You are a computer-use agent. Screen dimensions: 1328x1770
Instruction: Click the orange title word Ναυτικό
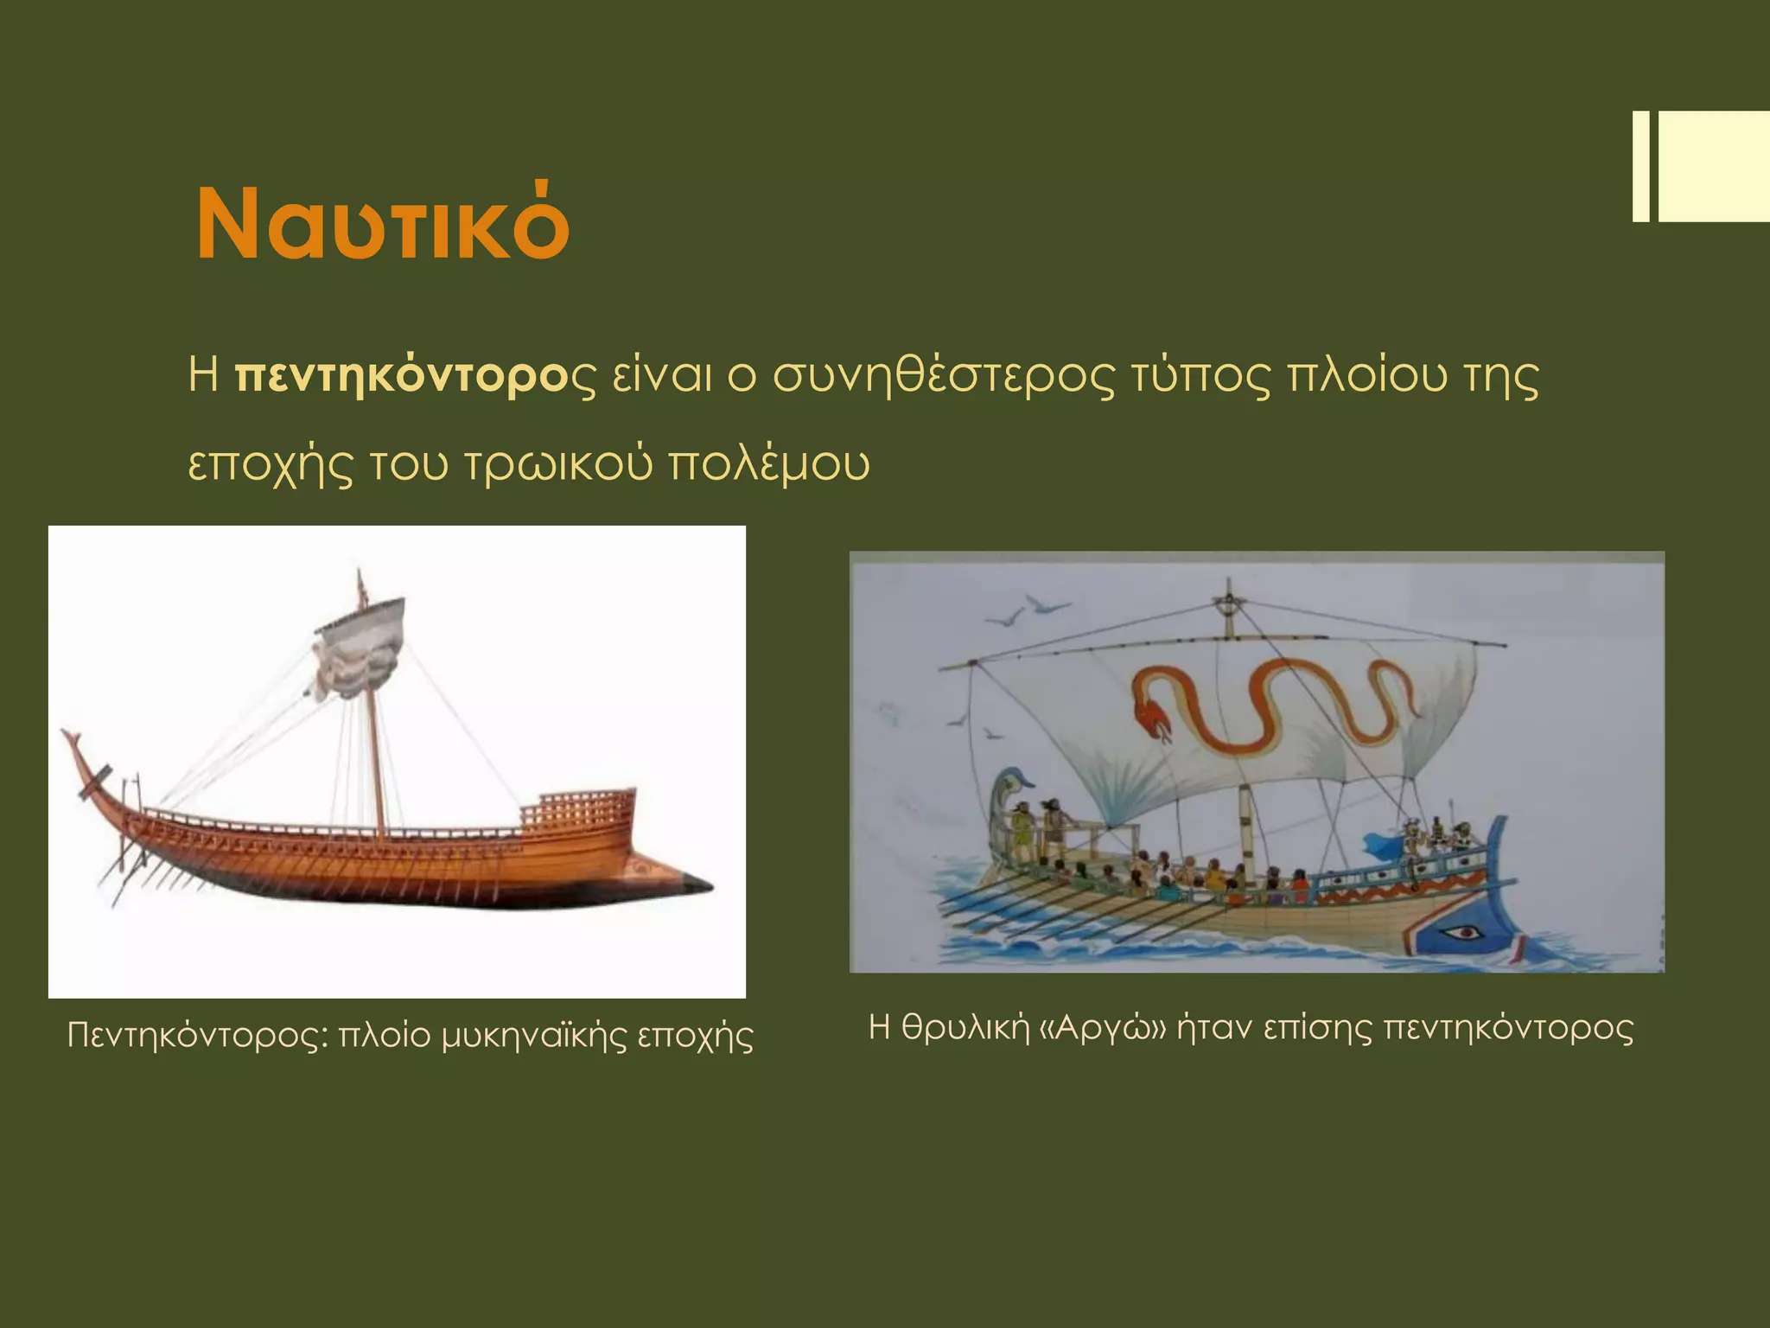tap(383, 223)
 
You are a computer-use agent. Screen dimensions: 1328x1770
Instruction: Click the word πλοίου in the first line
tap(1367, 377)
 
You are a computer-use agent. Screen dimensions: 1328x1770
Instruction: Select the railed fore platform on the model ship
tap(577, 808)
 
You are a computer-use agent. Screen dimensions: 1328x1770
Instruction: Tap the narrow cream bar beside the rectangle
tap(1640, 179)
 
